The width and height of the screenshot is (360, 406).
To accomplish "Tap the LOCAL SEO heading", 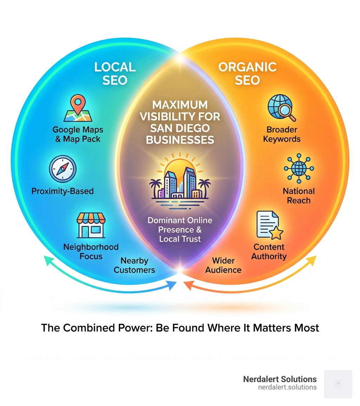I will tap(115, 73).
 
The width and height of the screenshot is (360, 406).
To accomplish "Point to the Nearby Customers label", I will tap(134, 265).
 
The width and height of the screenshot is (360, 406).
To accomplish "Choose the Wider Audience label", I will tap(223, 265).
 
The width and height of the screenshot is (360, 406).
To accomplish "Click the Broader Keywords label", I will tap(282, 134).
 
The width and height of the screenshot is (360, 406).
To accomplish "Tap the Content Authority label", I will tap(269, 252).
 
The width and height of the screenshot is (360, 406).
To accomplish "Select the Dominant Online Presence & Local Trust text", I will tap(180, 229).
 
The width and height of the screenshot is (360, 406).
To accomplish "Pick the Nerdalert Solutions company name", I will tap(280, 379).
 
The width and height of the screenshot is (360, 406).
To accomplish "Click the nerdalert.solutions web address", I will tap(287, 387).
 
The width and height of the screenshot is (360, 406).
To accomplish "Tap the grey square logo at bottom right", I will tap(338, 383).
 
